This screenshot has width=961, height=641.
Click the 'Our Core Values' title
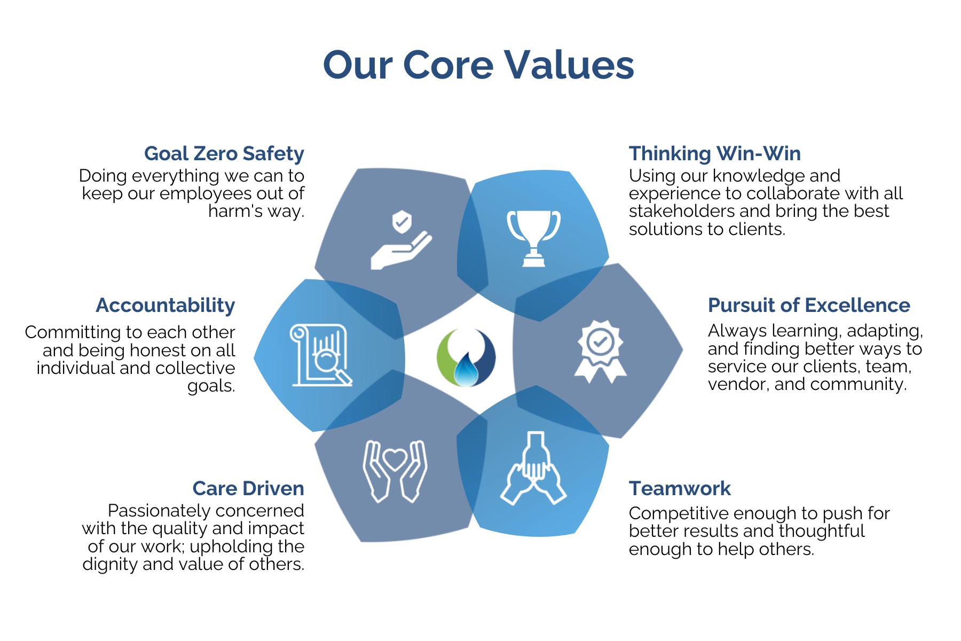(x=478, y=65)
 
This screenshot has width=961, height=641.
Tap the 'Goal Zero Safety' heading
(x=224, y=154)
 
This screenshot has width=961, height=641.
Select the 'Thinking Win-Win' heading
(x=714, y=154)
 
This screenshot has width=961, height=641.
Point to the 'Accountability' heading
(x=166, y=306)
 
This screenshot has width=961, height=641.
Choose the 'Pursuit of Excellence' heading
(x=808, y=306)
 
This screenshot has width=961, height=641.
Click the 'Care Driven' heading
(x=248, y=489)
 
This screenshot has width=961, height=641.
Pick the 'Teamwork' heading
(x=679, y=489)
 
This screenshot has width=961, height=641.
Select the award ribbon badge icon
(x=601, y=351)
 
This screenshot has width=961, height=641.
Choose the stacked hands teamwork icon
(x=533, y=469)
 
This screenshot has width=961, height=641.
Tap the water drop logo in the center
(x=466, y=358)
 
